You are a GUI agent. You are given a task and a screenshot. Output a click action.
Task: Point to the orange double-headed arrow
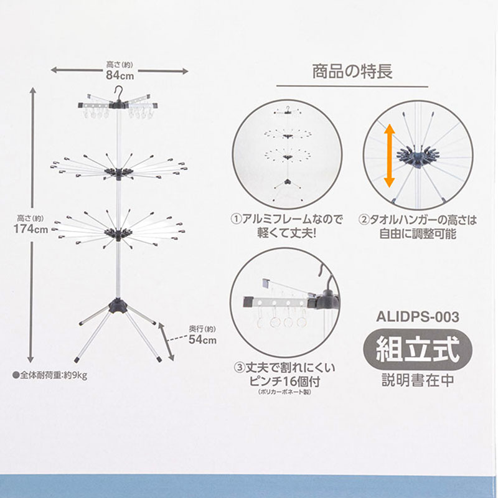tap(388, 155)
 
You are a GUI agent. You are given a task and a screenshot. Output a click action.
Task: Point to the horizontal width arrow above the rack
tap(118, 71)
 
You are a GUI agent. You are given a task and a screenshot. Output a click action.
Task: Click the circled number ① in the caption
tap(236, 220)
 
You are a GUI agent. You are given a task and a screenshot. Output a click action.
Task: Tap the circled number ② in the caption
tap(364, 220)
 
